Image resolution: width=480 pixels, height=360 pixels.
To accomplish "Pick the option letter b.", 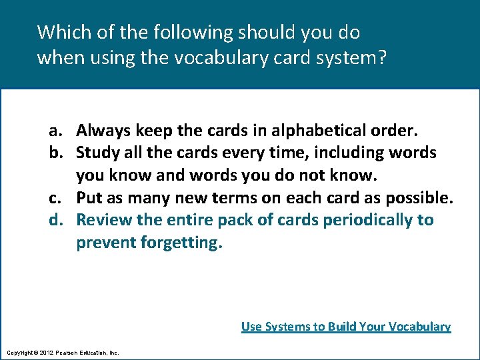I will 55,152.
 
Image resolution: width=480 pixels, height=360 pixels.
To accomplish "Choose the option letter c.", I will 55,197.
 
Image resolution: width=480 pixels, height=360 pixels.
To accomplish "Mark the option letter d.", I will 55,220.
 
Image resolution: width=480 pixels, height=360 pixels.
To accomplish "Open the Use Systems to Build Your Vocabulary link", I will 346,327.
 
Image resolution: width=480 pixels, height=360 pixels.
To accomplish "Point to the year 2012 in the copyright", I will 45,352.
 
